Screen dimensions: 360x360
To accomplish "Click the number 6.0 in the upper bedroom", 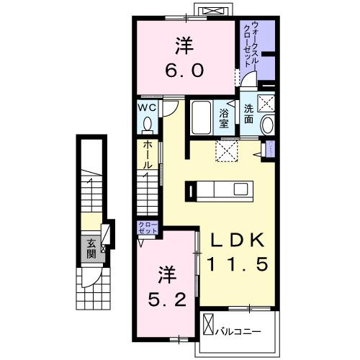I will (x=186, y=71).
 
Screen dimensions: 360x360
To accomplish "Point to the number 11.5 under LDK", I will (x=238, y=265).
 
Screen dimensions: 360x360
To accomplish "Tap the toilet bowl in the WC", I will (x=148, y=125).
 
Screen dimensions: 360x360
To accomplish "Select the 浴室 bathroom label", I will (x=223, y=117).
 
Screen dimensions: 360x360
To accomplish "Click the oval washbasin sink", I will (x=267, y=125).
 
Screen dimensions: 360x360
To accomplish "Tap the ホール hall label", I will (x=146, y=154).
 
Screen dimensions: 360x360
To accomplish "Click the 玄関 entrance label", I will (x=91, y=248).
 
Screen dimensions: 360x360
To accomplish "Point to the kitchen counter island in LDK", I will (x=220, y=191).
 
